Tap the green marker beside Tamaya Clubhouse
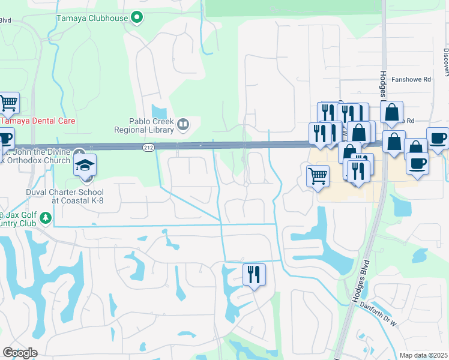[x=137, y=17]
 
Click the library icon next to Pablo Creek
[x=183, y=125]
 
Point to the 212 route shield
[x=148, y=148]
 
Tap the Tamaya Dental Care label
[x=38, y=121]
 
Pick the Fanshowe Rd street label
[x=411, y=79]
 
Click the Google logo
[x=20, y=353]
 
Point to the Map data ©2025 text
[x=423, y=355]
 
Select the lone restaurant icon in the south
[x=254, y=275]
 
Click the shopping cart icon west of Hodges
[x=318, y=176]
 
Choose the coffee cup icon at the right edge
[x=437, y=138]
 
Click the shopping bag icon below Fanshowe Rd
[x=391, y=112]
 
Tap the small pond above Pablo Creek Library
[x=159, y=112]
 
